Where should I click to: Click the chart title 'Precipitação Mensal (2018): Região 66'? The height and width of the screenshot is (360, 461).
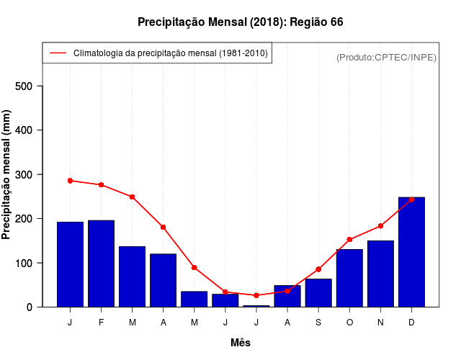(x=240, y=22)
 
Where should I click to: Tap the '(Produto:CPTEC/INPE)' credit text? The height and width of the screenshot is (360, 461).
(x=386, y=57)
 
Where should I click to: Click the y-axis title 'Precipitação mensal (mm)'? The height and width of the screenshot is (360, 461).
(x=7, y=174)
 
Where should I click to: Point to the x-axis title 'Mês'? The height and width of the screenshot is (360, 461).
(x=241, y=343)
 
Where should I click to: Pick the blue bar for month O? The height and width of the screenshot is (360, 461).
(x=349, y=278)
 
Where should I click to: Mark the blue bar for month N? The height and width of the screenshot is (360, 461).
(x=380, y=274)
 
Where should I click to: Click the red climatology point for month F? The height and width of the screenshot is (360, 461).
(x=102, y=185)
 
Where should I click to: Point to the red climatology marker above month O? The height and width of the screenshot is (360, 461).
(x=349, y=240)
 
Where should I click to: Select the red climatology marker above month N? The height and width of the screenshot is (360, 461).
(x=380, y=226)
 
